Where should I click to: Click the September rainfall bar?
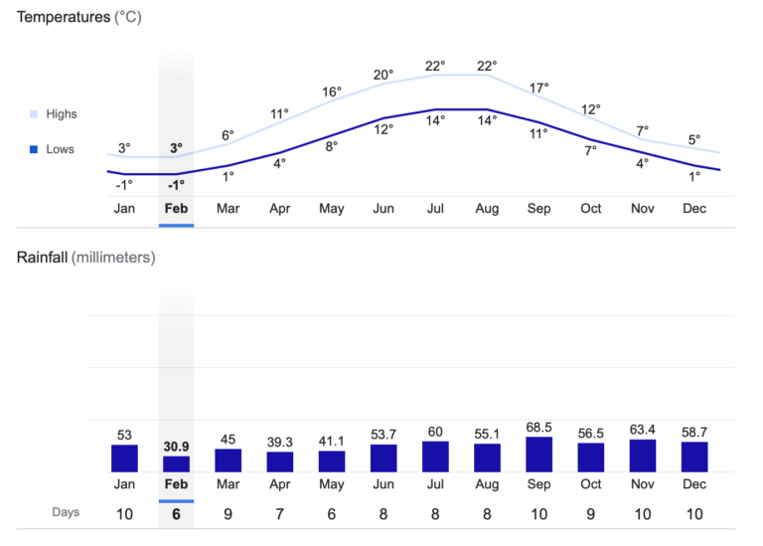coord(538,455)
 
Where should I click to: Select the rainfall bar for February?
coord(176,463)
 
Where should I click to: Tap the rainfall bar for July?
coord(435,456)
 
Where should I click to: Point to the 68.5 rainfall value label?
coord(538,428)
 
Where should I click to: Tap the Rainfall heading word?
coord(42,257)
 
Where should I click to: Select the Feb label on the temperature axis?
coord(176,209)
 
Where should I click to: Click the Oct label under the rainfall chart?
coord(590,484)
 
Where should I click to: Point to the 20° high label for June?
coord(383,75)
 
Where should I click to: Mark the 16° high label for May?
coord(332,92)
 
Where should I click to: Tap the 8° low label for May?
coord(332,146)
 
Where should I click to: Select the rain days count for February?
coord(176,513)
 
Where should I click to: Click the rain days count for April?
coord(280,513)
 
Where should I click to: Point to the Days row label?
coord(66,513)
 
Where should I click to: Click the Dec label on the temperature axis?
coord(693,209)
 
